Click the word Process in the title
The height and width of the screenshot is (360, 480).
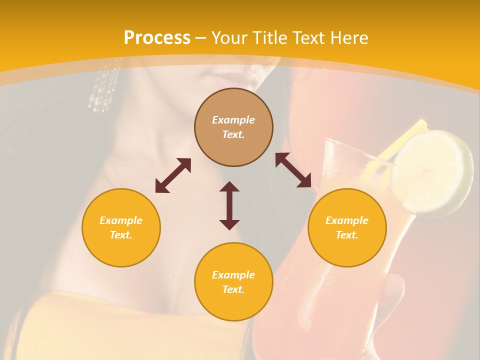[x=157, y=38]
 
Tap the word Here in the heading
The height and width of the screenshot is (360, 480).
[x=348, y=38]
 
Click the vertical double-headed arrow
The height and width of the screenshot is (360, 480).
[x=229, y=205]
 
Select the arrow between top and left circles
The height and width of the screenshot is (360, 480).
[x=173, y=175]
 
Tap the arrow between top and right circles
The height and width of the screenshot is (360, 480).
[x=293, y=170]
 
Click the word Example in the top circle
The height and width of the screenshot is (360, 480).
[x=233, y=120]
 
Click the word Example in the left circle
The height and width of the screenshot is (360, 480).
[x=121, y=220]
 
